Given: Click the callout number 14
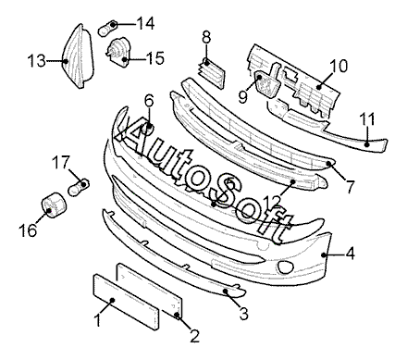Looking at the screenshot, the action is pos(145,23).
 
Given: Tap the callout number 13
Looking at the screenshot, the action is pos(36,61).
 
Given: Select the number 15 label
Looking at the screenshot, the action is pos(155,58).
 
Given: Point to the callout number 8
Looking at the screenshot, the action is pos(206,38).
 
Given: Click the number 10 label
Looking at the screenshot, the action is pos(339,66).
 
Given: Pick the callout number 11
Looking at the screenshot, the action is pos(368,119).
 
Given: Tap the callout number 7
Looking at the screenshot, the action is pos(351,186).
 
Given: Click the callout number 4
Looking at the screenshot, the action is pos(351,254).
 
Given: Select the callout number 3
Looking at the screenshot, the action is pos(243,314).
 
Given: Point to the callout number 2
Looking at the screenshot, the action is pos(194,336).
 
